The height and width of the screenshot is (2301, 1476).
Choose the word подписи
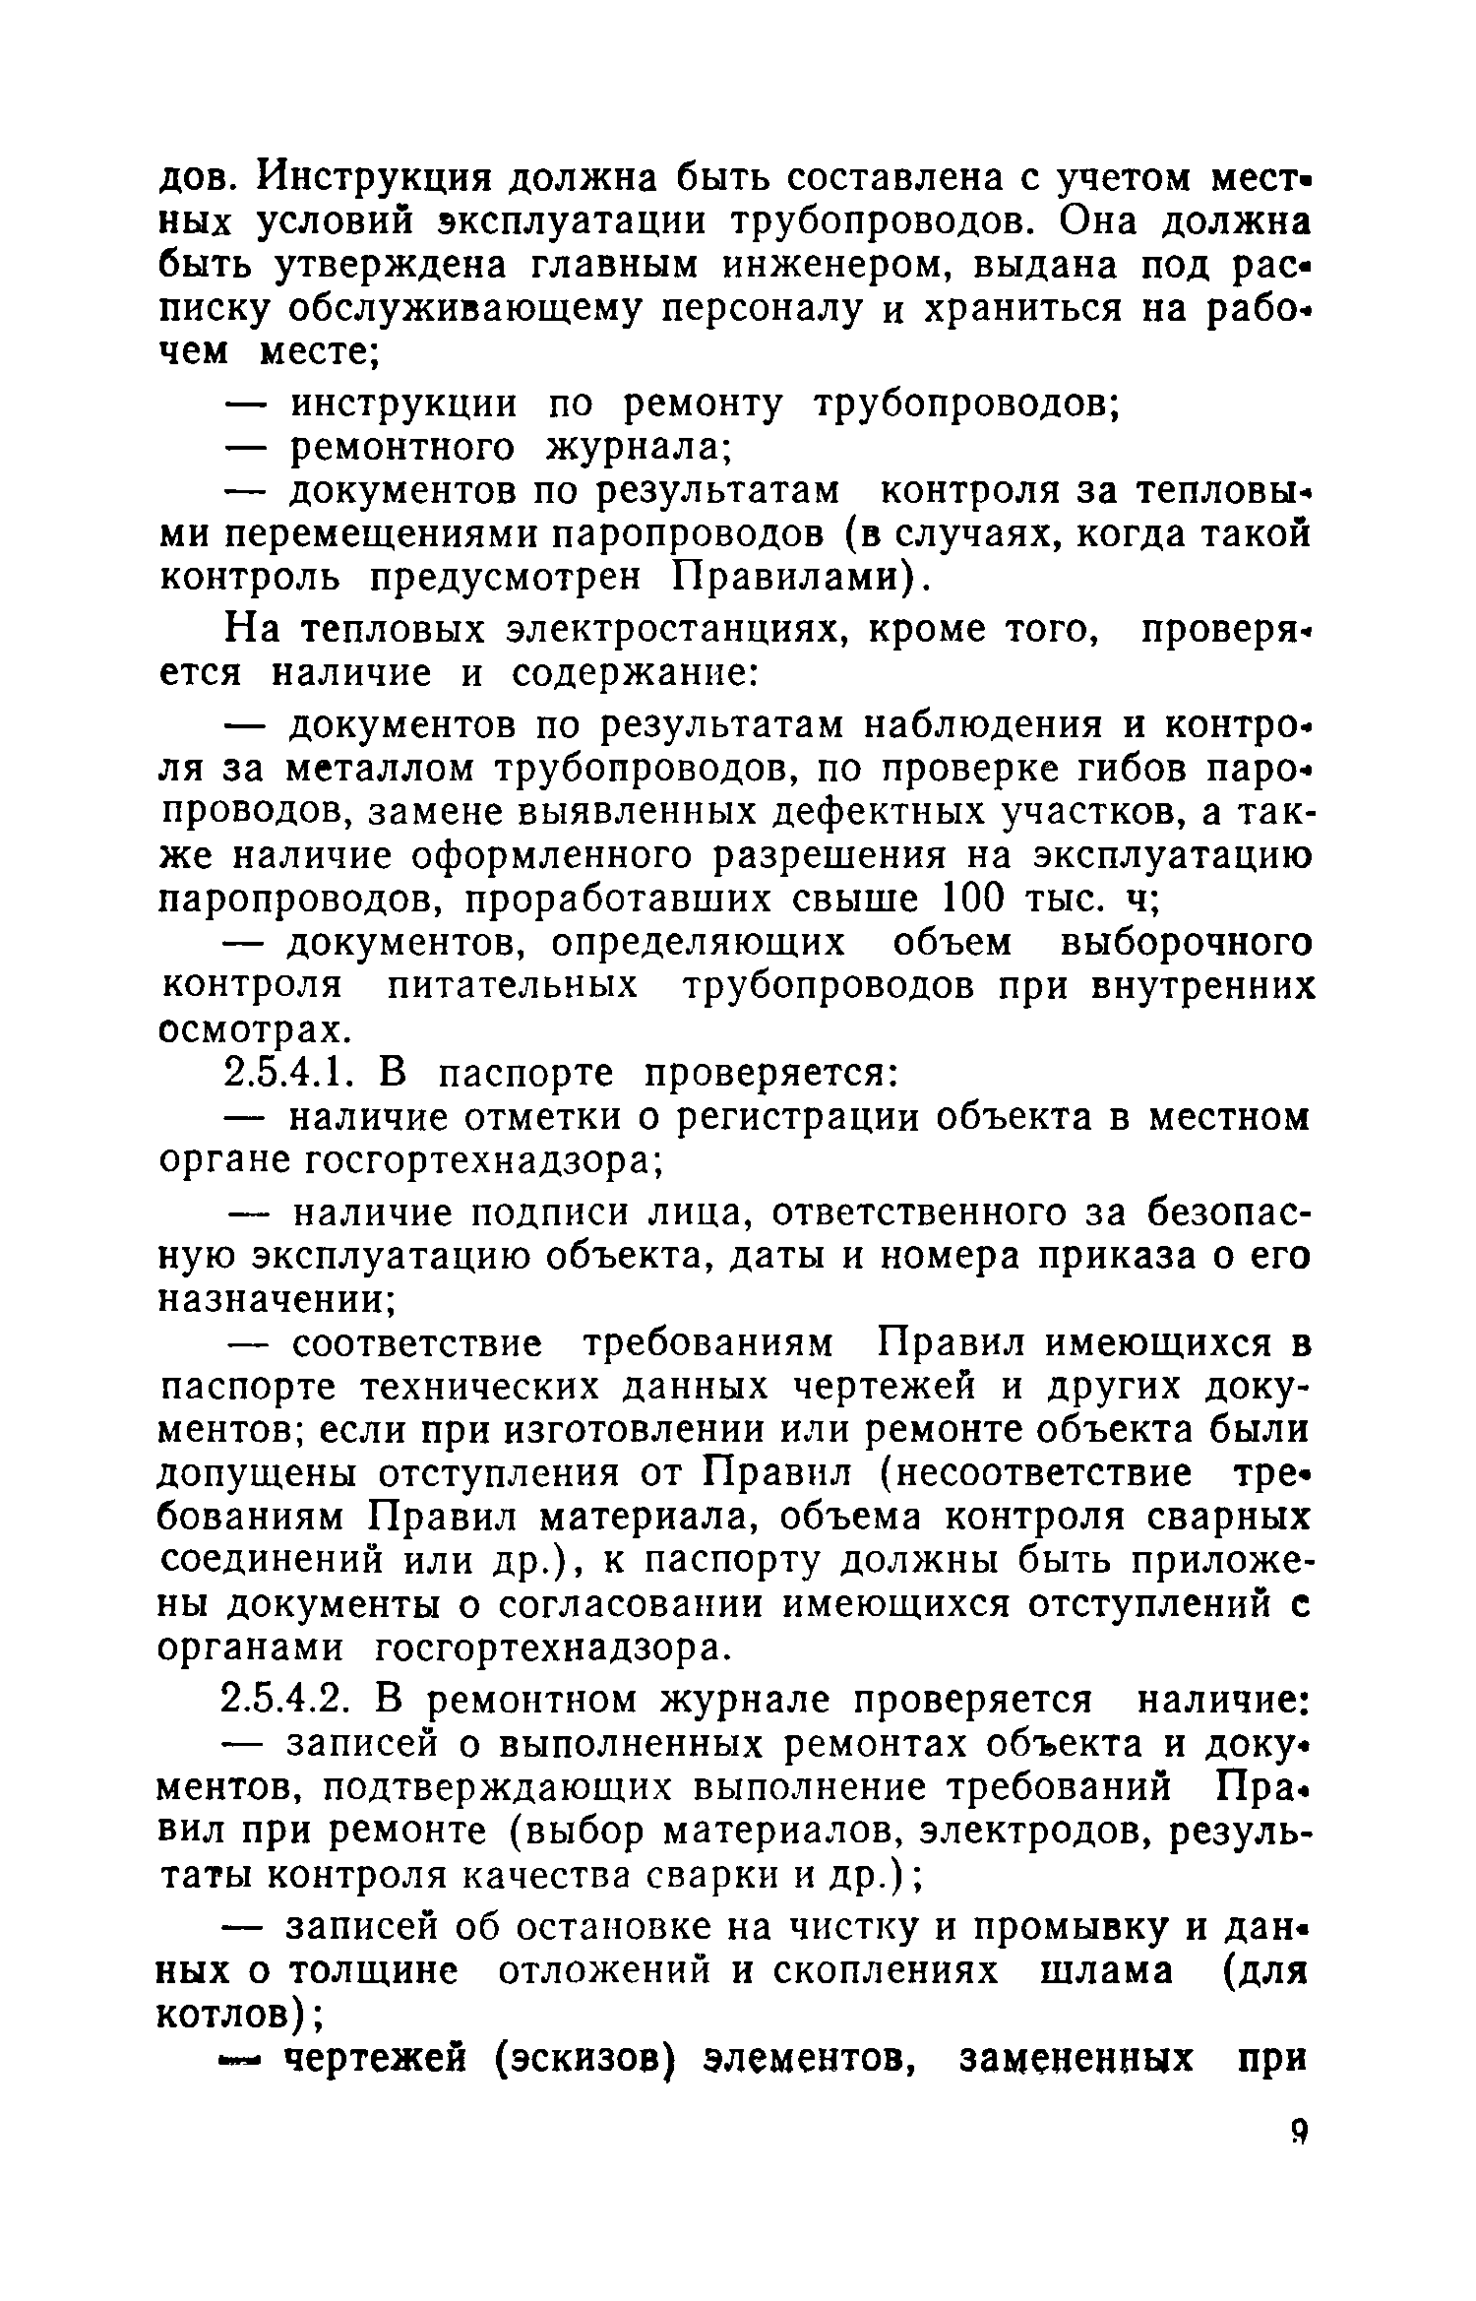[x=551, y=1213]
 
